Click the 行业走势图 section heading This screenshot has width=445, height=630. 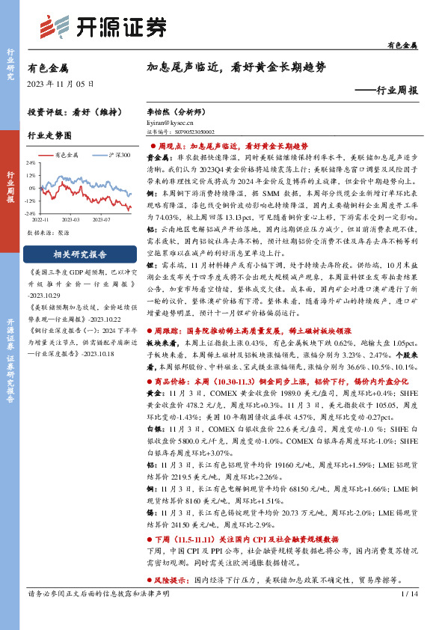tap(49, 137)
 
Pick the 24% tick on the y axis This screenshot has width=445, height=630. tap(31, 162)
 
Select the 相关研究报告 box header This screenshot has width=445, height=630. tap(78, 253)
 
